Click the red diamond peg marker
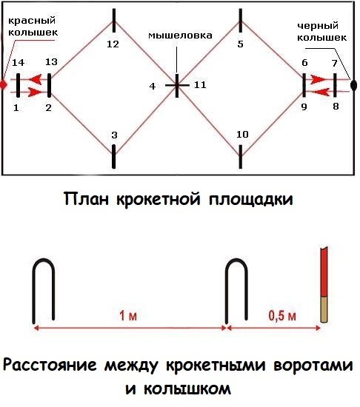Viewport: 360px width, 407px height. [x=3, y=84]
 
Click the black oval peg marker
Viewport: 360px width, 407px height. [x=353, y=84]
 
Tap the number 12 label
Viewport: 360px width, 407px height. [x=113, y=44]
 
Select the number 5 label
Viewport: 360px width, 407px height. [x=240, y=44]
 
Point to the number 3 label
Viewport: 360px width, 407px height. [x=114, y=135]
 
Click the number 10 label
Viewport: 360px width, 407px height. [x=242, y=135]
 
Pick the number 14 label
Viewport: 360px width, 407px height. [x=19, y=63]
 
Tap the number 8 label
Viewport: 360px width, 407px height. [x=336, y=106]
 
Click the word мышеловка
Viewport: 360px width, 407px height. [x=180, y=36]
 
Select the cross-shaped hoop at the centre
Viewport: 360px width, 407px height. [x=177, y=85]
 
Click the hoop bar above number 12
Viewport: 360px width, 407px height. [x=114, y=20]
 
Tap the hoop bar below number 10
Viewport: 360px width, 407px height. [x=241, y=157]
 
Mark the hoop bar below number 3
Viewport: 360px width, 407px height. [x=113, y=157]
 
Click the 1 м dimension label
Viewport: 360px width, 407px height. [x=128, y=316]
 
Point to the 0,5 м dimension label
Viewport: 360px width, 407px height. [x=282, y=316]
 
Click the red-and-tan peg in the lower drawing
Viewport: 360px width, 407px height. [x=324, y=285]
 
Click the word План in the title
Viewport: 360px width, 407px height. [x=86, y=199]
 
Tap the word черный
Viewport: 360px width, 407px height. [x=318, y=26]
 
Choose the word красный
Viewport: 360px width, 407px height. [x=32, y=21]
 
